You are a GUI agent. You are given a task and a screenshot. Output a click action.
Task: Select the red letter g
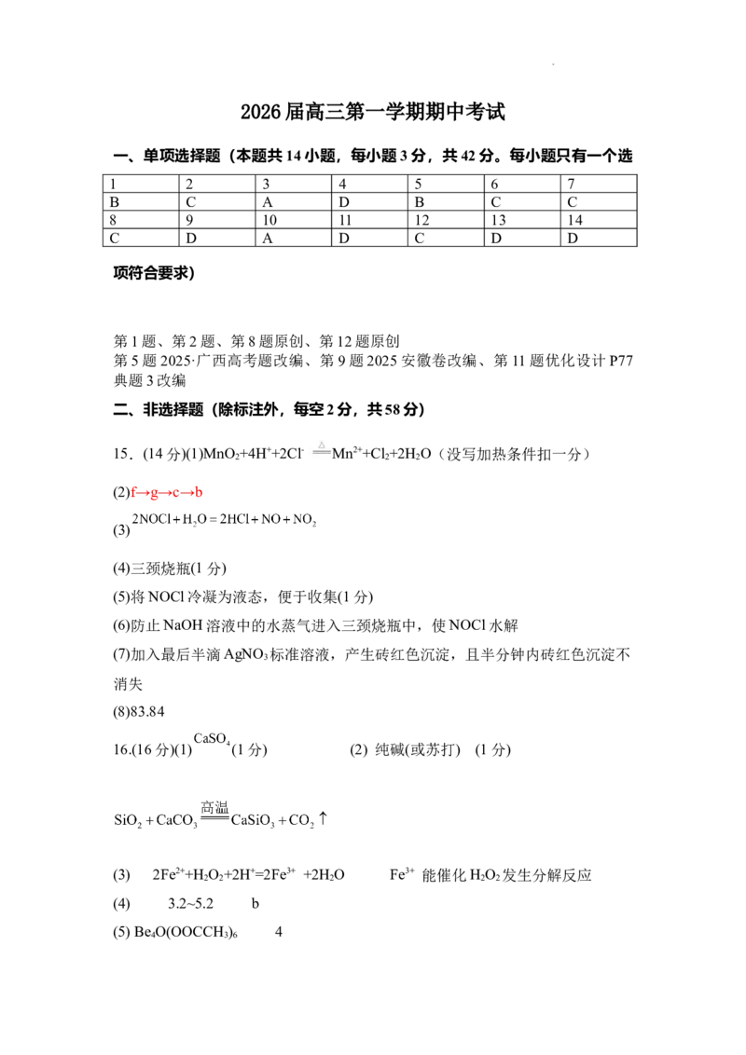pos(155,492)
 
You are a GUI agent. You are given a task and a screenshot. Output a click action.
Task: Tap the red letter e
pos(177,492)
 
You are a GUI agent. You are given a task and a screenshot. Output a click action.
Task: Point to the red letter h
pos(198,492)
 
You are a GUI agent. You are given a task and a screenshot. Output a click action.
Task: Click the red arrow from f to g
pos(145,492)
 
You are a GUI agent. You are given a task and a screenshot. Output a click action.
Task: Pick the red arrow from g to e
pos(166,492)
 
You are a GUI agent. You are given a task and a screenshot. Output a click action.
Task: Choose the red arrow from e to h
pos(187,492)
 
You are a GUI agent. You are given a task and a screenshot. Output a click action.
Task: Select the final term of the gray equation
pos(303,520)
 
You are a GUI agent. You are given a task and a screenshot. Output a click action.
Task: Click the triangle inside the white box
pos(321,445)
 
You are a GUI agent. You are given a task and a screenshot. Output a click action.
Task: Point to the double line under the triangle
pos(321,453)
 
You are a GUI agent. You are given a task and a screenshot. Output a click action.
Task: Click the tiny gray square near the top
pos(555,63)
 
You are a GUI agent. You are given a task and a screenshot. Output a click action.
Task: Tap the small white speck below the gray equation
pos(313,601)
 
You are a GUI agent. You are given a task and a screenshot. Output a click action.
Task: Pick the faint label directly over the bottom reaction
pos(215,804)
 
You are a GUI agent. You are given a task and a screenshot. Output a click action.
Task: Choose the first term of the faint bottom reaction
pos(126,821)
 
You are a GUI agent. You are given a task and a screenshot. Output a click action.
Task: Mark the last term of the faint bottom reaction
pos(307,821)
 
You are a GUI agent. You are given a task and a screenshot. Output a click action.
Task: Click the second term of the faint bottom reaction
pos(177,822)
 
